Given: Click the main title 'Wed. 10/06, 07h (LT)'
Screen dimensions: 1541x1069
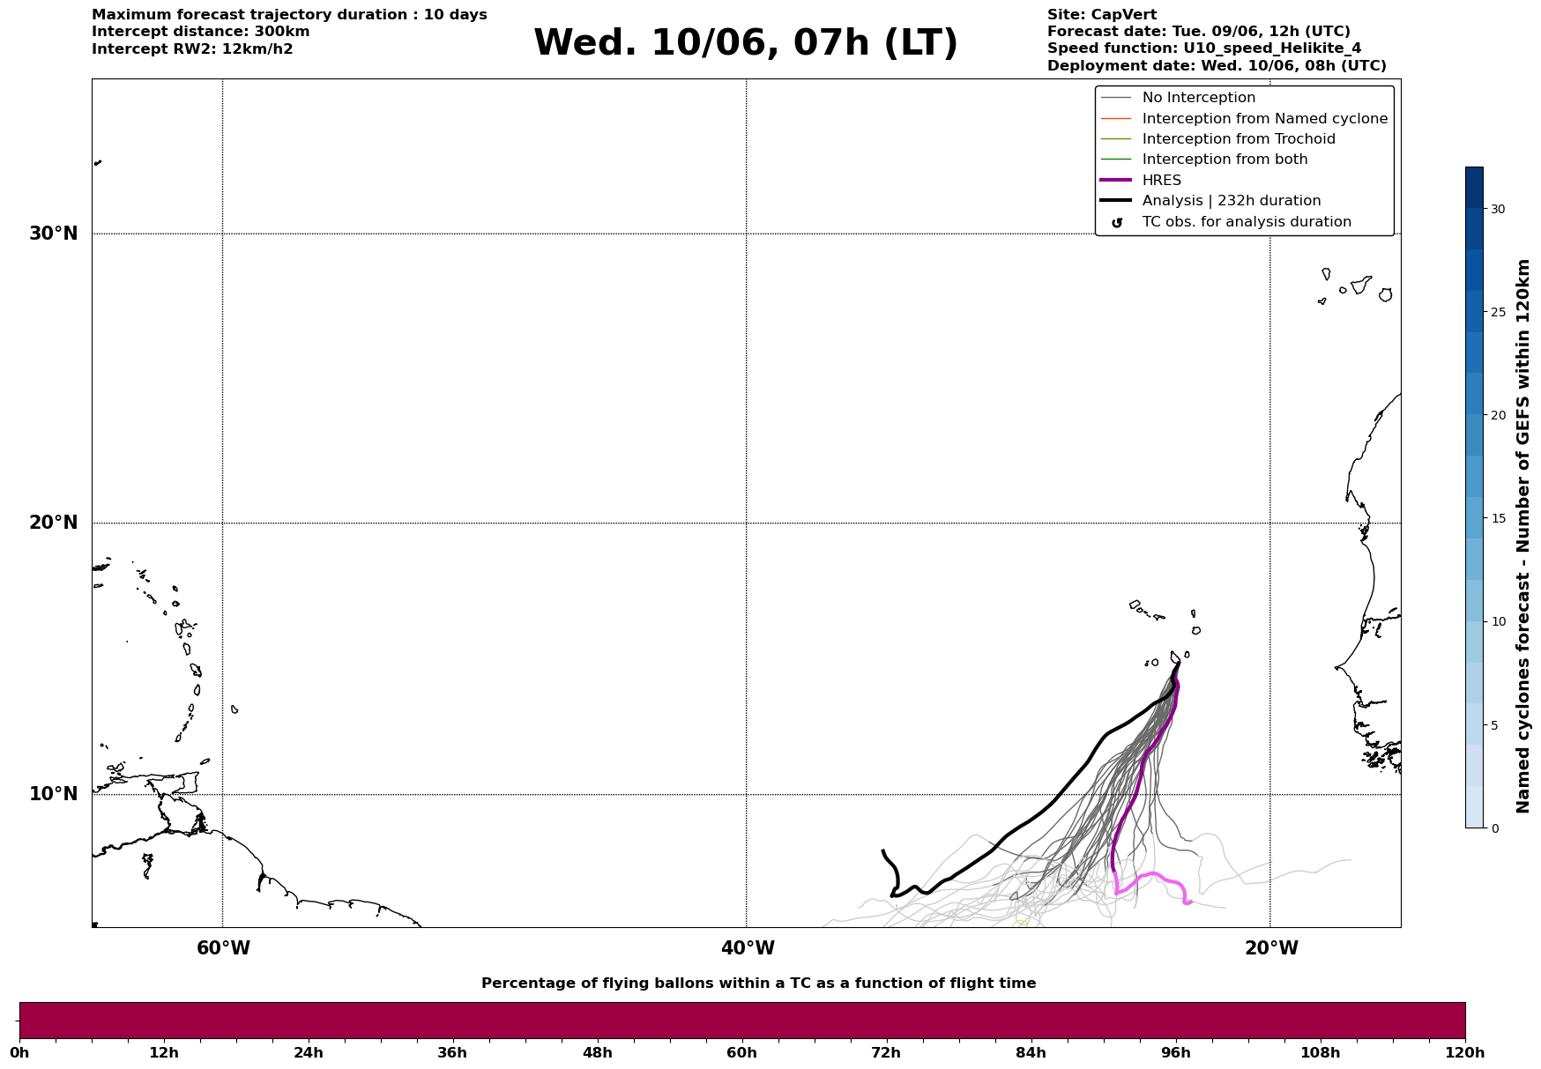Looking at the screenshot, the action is [745, 43].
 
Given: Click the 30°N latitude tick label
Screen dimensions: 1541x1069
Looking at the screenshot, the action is [53, 234].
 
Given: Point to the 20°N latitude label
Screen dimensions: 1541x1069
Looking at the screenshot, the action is [53, 523].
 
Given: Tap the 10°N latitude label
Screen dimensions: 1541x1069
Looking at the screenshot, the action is [53, 794].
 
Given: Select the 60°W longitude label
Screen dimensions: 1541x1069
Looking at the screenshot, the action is [223, 948].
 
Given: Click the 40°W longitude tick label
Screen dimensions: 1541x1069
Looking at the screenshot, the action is [748, 948].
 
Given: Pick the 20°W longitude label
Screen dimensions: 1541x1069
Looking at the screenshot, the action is [1271, 948].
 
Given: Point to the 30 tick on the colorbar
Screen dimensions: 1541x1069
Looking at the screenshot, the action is [1498, 209].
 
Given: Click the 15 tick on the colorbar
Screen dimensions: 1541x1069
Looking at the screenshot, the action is [1498, 518].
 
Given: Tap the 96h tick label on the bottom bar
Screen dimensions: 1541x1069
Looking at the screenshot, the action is [1175, 1052].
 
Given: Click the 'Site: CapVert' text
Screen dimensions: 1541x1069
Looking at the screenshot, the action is [1102, 15].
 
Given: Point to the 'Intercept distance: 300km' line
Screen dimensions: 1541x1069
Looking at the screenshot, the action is [201, 32].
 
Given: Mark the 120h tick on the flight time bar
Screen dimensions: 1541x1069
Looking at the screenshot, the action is [1465, 1052].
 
